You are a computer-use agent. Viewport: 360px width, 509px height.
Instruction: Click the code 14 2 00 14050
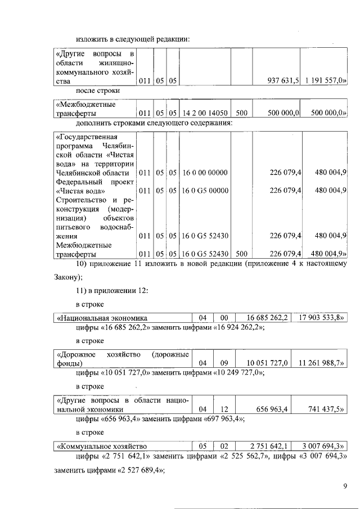(205, 113)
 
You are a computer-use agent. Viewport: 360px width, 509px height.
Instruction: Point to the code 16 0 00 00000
(205, 173)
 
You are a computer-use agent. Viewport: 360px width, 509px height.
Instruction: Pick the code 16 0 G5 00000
(205, 191)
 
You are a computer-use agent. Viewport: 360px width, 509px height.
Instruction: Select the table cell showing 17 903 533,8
(323, 318)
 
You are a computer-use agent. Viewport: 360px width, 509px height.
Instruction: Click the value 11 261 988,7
(323, 363)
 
